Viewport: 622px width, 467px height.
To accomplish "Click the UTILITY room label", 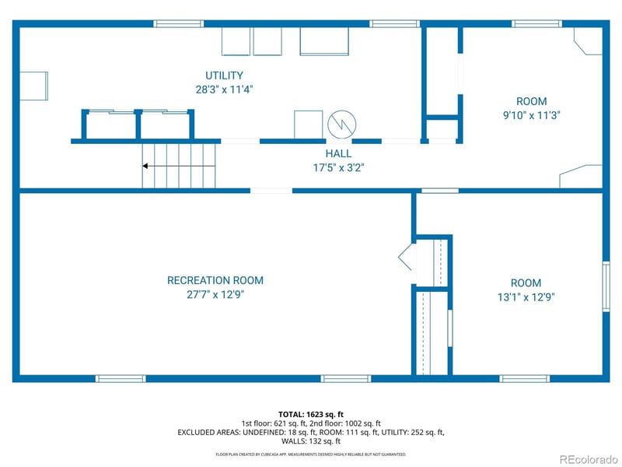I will (x=224, y=75).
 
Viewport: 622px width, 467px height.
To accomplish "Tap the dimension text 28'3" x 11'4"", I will (x=224, y=89).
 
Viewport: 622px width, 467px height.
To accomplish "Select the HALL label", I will (x=338, y=153).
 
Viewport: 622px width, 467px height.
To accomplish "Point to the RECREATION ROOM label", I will (x=215, y=280).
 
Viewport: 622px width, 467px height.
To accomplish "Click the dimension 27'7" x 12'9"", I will (x=215, y=293).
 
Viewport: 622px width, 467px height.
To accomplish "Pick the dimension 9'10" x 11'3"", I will (x=532, y=114).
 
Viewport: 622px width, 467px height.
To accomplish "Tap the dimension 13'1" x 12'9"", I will (x=526, y=296).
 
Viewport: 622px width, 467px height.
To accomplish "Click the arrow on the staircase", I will (x=146, y=166).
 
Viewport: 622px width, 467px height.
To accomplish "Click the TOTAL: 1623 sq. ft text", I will (x=310, y=413).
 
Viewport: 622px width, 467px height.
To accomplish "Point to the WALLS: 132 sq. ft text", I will (x=310, y=441).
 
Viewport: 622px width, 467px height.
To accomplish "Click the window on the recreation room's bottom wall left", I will (x=120, y=378).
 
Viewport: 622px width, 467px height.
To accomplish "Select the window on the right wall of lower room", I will (x=606, y=286).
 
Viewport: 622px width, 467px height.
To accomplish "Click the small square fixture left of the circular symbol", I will (x=308, y=124).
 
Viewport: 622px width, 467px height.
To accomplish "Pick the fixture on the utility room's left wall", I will (x=32, y=86).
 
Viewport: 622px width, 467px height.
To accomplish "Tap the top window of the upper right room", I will (x=536, y=23).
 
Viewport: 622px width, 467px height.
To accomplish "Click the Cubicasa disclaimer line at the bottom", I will (x=310, y=454).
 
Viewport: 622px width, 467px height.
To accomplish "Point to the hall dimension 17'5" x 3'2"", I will (x=338, y=167).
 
